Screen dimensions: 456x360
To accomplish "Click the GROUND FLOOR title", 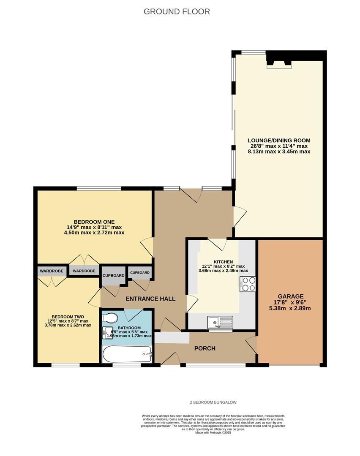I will click(x=177, y=11).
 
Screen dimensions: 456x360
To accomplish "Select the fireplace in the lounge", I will click(x=278, y=63).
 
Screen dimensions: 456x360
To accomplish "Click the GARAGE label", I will click(x=291, y=296).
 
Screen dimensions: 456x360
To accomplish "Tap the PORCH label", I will click(x=205, y=348).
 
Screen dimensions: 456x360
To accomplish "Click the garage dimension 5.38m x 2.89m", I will click(x=291, y=308).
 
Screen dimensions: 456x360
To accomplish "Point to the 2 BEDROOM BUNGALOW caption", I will click(x=213, y=402).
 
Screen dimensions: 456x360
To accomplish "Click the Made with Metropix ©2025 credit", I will click(x=213, y=432).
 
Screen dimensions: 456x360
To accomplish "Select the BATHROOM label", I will click(x=128, y=328).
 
